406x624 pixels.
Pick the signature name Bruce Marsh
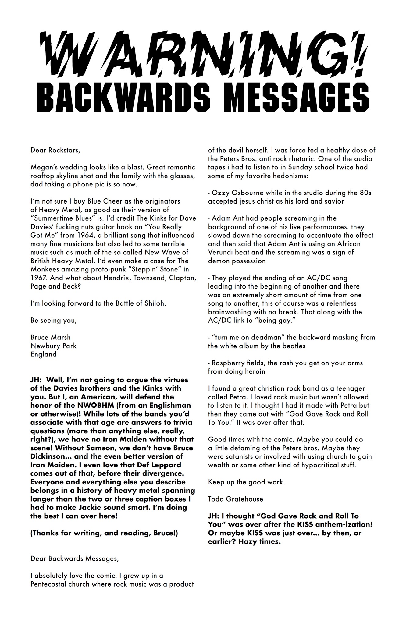coord(51,337)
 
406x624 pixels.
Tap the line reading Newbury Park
coord(53,346)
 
